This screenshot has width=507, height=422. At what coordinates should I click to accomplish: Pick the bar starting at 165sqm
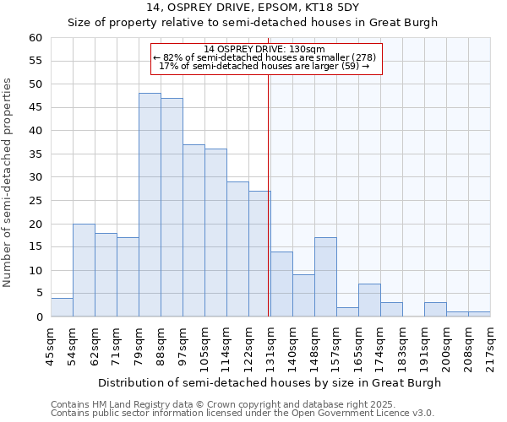369,300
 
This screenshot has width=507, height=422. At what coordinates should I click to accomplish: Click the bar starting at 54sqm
84,270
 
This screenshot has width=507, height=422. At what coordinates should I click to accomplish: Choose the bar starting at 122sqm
259,254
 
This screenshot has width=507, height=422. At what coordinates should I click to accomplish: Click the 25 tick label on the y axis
35,201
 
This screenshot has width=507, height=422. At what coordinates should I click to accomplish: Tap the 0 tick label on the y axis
38,317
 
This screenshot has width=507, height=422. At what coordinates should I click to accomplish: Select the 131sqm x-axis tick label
270,346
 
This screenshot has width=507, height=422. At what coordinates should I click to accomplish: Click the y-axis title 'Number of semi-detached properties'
8,182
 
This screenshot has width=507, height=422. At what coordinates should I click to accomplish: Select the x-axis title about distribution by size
270,383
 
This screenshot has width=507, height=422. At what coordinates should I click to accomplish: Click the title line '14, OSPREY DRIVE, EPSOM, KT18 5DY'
253,8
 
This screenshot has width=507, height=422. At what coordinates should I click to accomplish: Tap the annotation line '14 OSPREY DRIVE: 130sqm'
264,50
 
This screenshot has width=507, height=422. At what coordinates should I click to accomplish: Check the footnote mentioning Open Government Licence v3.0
243,414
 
